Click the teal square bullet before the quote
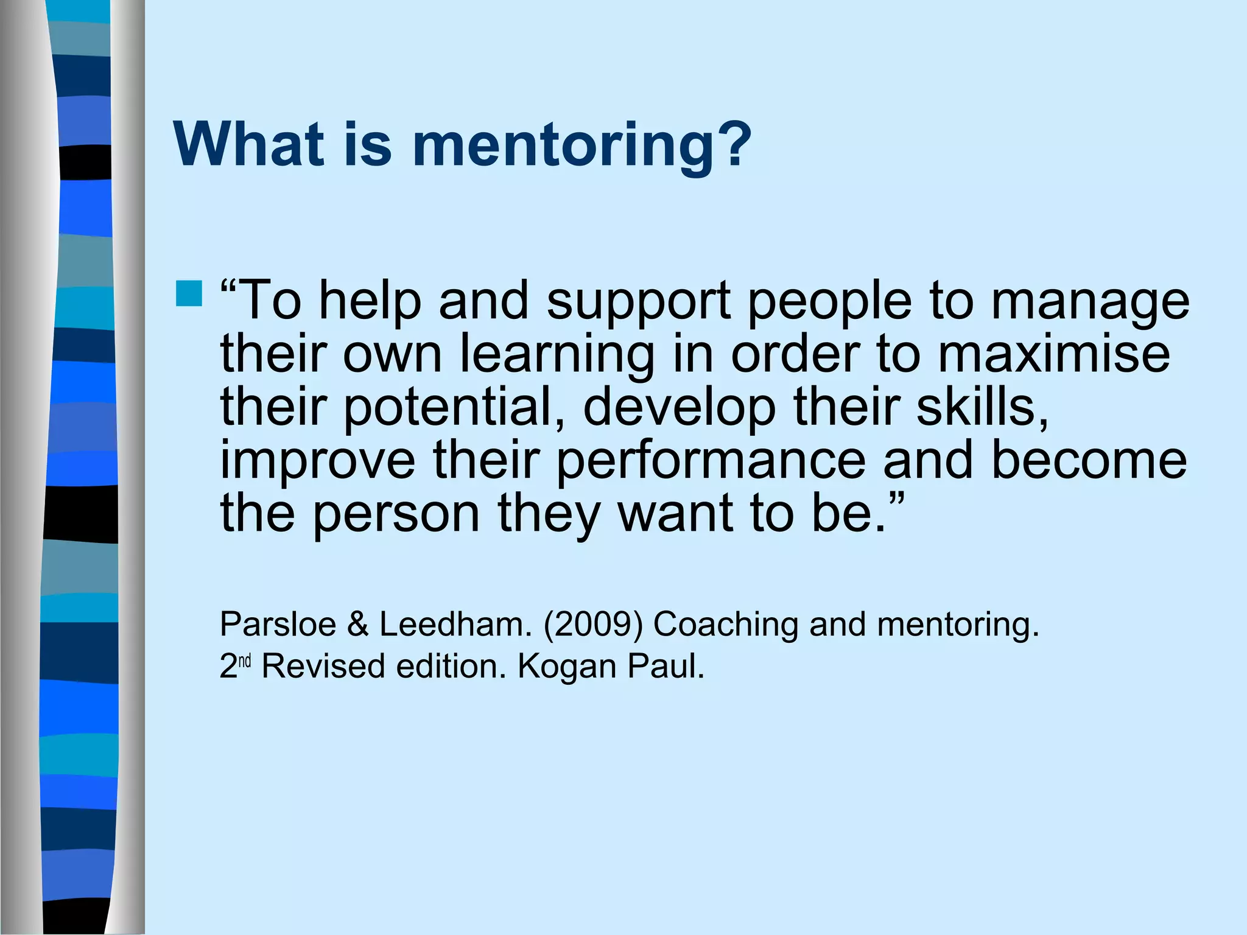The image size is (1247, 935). click(x=189, y=293)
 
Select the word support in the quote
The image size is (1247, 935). click(x=639, y=302)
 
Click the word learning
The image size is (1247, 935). click(x=557, y=355)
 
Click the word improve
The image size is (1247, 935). click(x=317, y=461)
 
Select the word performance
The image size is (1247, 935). click(x=711, y=461)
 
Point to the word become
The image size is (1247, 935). click(x=1089, y=460)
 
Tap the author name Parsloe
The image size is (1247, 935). click(x=278, y=624)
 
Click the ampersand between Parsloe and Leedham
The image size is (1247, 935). click(x=358, y=624)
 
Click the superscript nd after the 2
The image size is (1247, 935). click(x=245, y=661)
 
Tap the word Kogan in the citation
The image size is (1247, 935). click(x=567, y=667)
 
